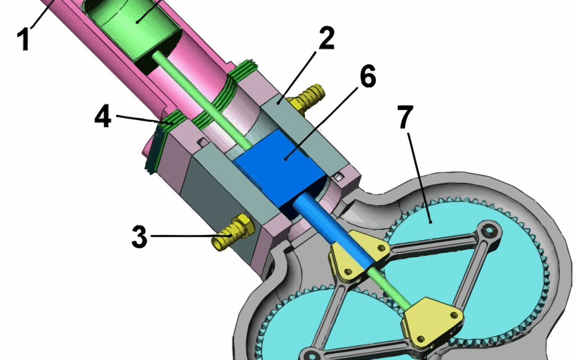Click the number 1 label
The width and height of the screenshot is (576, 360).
(x=23, y=39)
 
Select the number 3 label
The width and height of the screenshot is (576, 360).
(x=139, y=236)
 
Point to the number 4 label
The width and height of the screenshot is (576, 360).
(x=103, y=116)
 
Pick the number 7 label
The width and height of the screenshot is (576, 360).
(x=405, y=117)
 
